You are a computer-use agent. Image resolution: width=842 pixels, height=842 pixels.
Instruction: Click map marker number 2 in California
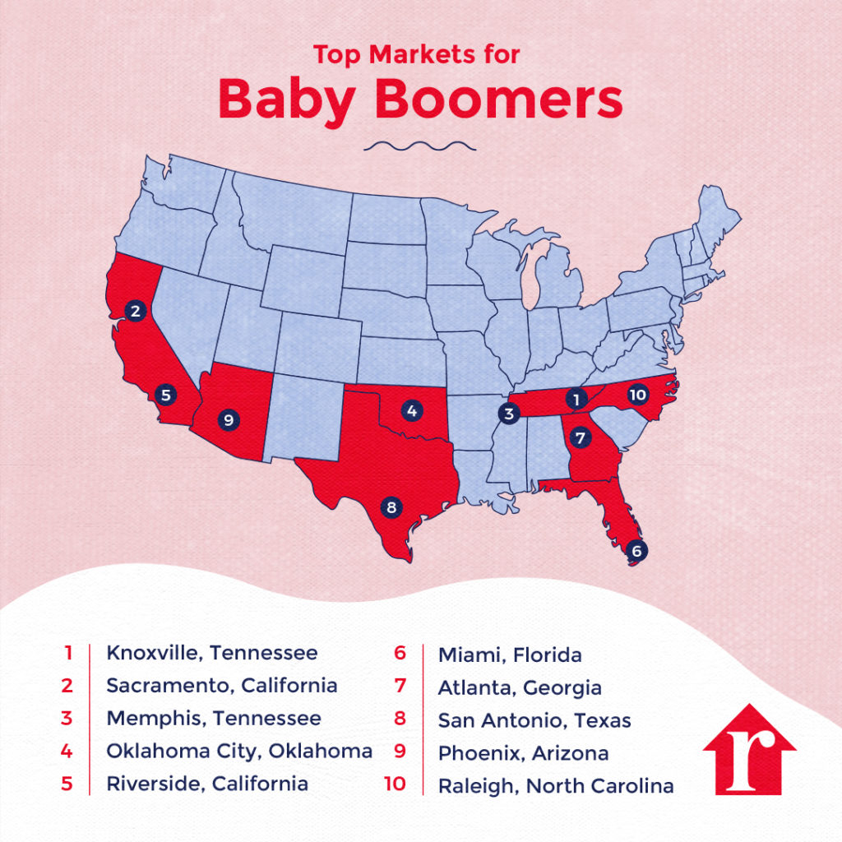136,310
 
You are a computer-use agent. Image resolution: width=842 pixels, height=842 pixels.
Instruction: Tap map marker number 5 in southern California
166,395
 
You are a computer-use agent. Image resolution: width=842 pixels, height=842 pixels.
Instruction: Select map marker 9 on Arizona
229,420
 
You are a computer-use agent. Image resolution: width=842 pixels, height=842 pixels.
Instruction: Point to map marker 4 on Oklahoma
411,408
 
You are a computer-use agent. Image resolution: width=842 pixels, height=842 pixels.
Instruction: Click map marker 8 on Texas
391,507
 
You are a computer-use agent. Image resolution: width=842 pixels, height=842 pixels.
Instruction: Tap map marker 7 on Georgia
581,436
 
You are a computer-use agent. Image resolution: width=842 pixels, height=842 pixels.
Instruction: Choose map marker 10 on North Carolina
637,395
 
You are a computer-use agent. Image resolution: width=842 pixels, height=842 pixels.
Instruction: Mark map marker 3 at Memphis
509,414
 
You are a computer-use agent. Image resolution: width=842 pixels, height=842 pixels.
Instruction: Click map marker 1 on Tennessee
577,400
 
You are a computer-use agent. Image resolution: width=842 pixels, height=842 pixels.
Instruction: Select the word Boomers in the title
499,99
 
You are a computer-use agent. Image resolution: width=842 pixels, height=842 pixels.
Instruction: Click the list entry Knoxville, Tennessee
211,654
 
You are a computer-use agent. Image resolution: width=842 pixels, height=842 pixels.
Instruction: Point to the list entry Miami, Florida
510,655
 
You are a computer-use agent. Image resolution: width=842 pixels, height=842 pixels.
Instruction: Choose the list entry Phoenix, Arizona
523,753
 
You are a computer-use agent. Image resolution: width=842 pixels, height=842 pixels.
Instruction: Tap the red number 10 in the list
395,784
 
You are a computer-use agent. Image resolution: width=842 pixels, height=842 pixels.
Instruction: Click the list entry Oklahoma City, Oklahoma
239,751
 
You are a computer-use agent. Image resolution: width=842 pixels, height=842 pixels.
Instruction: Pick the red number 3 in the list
67,718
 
